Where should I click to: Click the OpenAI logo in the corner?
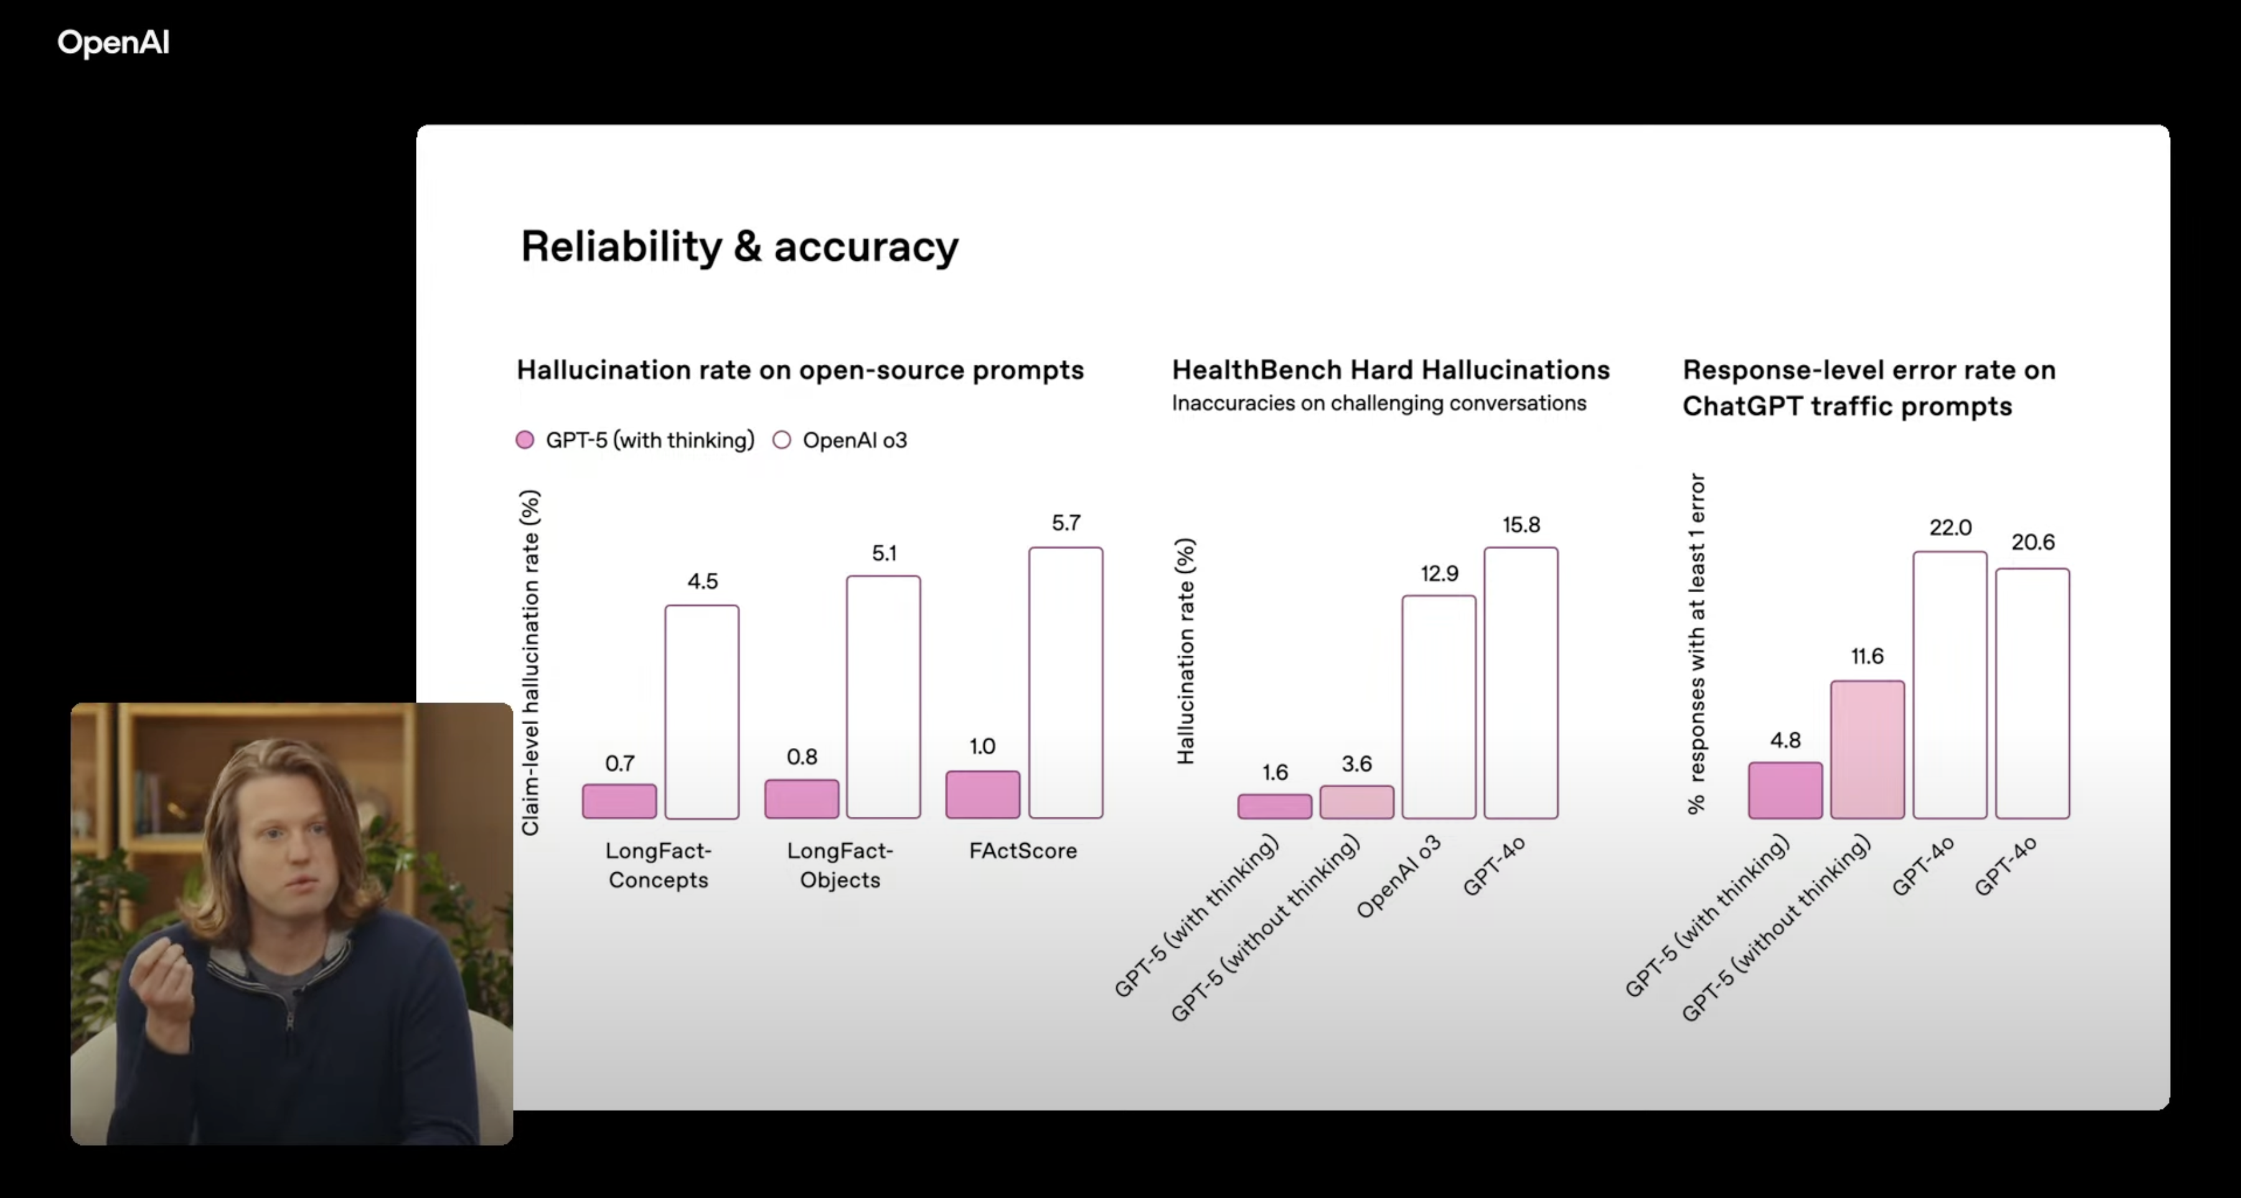click(113, 42)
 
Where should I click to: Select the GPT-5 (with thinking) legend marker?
click(525, 440)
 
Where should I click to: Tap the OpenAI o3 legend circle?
click(782, 440)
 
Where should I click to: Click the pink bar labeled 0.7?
click(619, 801)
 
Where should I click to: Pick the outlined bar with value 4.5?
click(702, 712)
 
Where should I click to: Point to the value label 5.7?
click(1066, 523)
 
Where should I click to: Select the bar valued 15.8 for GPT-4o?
click(1521, 683)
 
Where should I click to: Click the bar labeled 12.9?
click(1439, 707)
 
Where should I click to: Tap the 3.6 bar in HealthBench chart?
click(1356, 802)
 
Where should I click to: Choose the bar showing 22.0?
click(1950, 685)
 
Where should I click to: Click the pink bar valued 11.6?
click(1867, 749)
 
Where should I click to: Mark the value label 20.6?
click(2033, 542)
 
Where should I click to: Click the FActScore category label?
click(1023, 851)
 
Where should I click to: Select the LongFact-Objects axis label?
click(840, 865)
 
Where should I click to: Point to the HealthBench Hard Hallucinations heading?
click(1390, 370)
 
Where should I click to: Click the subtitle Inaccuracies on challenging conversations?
click(1379, 403)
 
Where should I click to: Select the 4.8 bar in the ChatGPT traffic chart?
click(1785, 791)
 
